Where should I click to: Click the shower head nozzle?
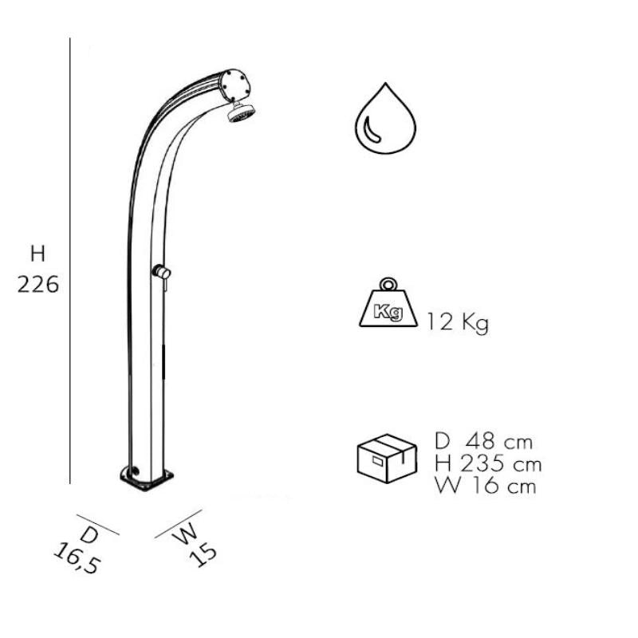(241, 112)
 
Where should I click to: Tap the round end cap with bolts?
(234, 85)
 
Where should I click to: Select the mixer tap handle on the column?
(161, 272)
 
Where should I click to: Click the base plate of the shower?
(147, 479)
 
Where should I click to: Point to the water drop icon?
(385, 118)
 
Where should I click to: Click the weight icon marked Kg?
(388, 303)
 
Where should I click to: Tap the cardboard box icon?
(387, 458)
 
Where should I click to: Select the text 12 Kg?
(457, 322)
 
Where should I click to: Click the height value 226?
(38, 285)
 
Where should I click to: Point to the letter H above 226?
(37, 254)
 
